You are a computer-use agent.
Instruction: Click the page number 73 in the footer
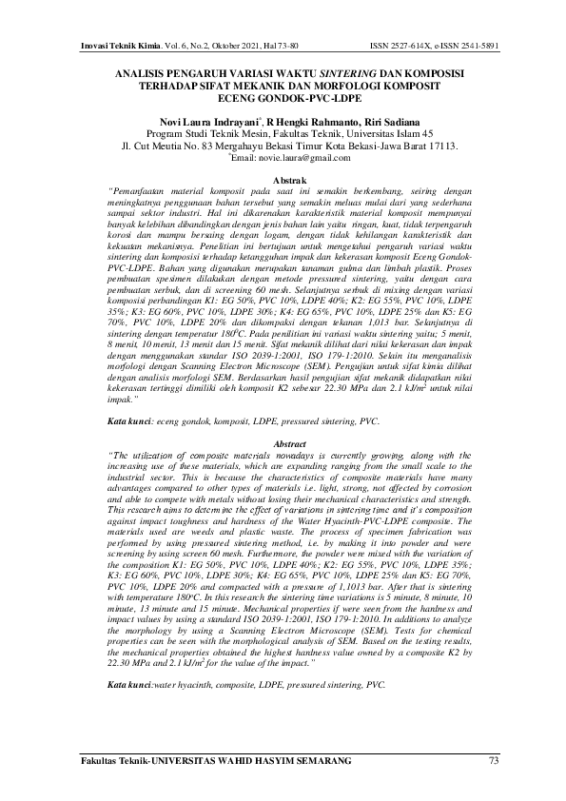click(x=492, y=758)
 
